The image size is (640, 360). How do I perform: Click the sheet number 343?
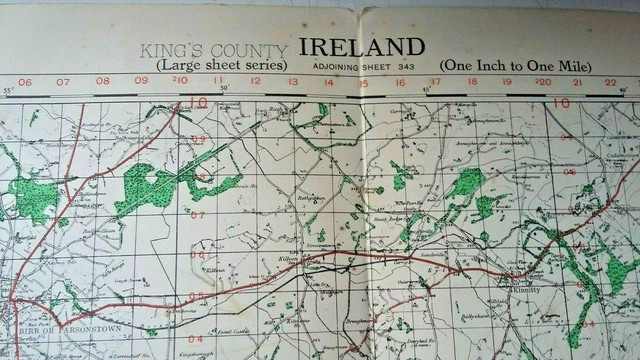click(405, 65)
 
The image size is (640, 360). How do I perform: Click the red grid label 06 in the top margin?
click(25, 82)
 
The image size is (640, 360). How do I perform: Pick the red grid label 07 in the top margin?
click(63, 82)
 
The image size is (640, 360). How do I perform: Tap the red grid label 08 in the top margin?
click(102, 82)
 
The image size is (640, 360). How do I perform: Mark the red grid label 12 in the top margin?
click(255, 82)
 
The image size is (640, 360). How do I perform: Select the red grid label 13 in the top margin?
click(293, 82)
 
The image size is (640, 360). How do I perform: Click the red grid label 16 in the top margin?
click(399, 82)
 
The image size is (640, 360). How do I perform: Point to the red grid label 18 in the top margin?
click(472, 83)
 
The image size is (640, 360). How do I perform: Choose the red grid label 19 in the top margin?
click(506, 83)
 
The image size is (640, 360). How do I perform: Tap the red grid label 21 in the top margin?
click(576, 83)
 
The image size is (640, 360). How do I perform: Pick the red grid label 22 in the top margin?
click(610, 83)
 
